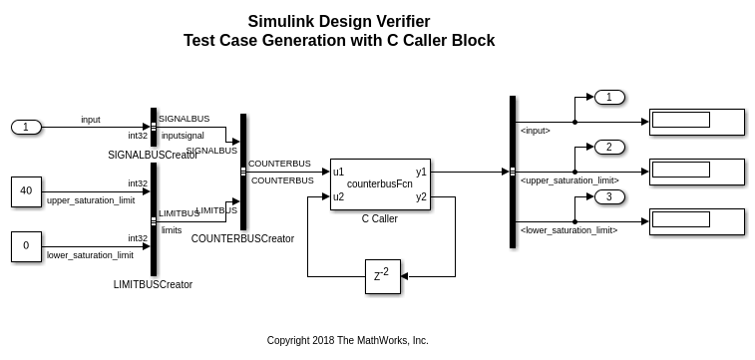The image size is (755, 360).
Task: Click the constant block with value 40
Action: [27, 191]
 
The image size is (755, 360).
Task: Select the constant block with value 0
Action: [27, 246]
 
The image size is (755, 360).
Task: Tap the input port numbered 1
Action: [27, 127]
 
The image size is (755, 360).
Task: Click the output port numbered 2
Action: [609, 147]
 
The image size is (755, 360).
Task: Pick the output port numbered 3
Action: [609, 196]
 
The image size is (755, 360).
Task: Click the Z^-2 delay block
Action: [383, 276]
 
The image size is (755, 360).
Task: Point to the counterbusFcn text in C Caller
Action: [379, 183]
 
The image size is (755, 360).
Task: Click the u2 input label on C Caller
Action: [338, 196]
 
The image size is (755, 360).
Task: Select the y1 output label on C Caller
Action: [421, 172]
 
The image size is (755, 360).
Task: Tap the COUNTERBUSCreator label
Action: [242, 238]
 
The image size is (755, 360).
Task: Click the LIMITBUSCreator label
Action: [154, 284]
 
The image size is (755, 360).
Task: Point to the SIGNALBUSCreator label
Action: [154, 155]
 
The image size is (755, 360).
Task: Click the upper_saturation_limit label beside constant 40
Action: [91, 200]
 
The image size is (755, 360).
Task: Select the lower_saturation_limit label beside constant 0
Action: [90, 255]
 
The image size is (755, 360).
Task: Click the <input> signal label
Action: [535, 131]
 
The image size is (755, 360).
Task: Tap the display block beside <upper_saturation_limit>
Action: [697, 172]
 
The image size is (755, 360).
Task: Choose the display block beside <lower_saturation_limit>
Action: [697, 221]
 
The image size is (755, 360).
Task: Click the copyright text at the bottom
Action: [348, 341]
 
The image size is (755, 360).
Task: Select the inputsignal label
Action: [183, 136]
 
